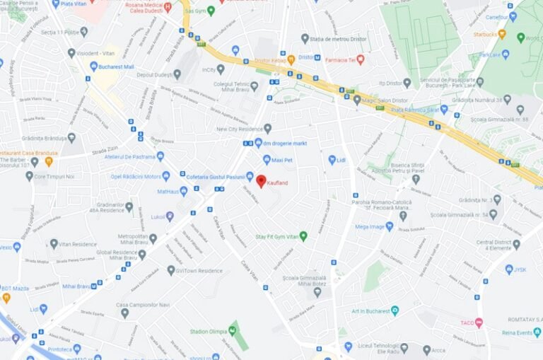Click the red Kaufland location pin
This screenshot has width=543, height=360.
[x=260, y=181]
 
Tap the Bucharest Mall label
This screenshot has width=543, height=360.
[x=117, y=66]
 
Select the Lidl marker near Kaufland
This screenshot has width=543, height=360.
[x=332, y=160]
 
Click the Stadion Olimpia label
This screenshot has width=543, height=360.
[x=208, y=331]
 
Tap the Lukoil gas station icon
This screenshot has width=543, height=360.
[x=170, y=216]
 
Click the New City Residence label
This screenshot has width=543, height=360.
[x=239, y=129]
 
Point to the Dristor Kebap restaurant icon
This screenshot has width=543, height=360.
[x=291, y=59]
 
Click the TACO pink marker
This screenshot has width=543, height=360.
[x=479, y=323]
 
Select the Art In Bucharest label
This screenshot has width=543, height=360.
[x=370, y=310]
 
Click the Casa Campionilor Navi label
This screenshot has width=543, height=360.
[x=143, y=305]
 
